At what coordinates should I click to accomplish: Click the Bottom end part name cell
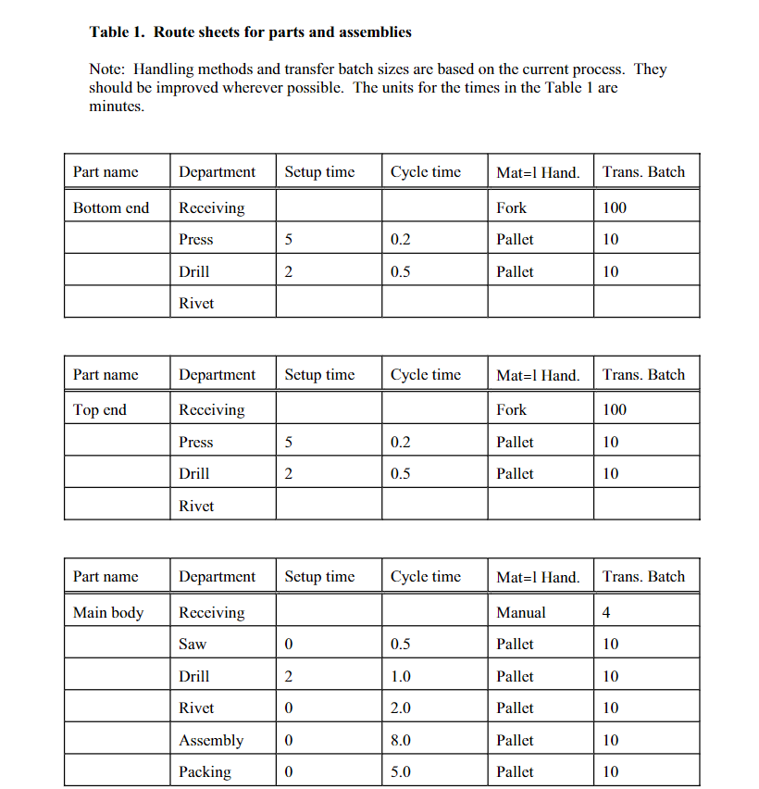pyautogui.click(x=111, y=207)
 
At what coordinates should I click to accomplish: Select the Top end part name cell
pyautogui.click(x=100, y=409)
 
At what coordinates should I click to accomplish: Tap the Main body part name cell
pyautogui.click(x=108, y=612)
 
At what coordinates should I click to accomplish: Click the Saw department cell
pyautogui.click(x=193, y=644)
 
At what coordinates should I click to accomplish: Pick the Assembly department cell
pyautogui.click(x=211, y=740)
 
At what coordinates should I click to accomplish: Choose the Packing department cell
pyautogui.click(x=205, y=771)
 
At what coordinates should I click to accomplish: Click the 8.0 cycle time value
pyautogui.click(x=401, y=740)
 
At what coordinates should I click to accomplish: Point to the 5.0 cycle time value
pyautogui.click(x=401, y=771)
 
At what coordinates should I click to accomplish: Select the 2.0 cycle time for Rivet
pyautogui.click(x=401, y=708)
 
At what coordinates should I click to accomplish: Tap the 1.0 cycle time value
pyautogui.click(x=401, y=676)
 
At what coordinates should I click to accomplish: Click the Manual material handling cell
pyautogui.click(x=521, y=612)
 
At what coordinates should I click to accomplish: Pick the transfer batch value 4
pyautogui.click(x=606, y=612)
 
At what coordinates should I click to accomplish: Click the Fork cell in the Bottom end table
pyautogui.click(x=511, y=207)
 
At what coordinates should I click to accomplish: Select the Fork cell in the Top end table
pyautogui.click(x=511, y=409)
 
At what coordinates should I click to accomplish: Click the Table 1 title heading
pyautogui.click(x=250, y=32)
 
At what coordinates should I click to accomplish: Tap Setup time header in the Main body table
pyautogui.click(x=319, y=576)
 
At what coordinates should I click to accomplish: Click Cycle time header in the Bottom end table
pyautogui.click(x=425, y=171)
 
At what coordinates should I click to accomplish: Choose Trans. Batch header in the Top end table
pyautogui.click(x=643, y=374)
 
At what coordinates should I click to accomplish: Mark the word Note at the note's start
pyautogui.click(x=106, y=69)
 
